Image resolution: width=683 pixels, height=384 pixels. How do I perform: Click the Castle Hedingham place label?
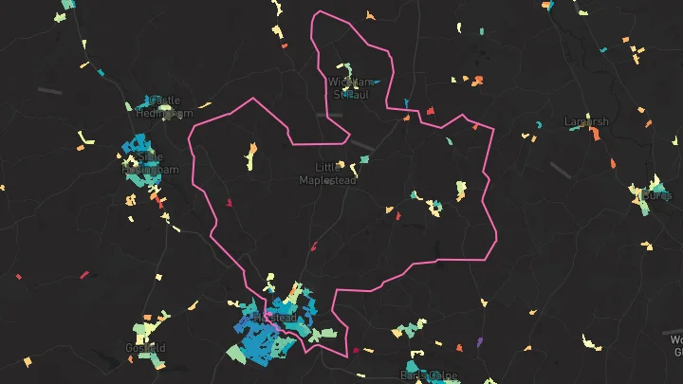coord(157,106)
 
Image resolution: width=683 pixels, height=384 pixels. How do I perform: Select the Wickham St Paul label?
coord(355,88)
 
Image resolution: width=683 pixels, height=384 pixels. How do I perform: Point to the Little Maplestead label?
coord(329,174)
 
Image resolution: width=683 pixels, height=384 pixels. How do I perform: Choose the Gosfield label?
coord(145,348)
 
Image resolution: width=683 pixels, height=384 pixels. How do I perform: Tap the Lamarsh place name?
coord(586,122)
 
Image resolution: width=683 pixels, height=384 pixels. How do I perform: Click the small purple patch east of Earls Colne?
coord(479,340)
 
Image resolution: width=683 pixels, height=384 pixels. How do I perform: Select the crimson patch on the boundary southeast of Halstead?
coord(357,350)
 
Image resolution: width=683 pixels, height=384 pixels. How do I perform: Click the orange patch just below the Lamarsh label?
coord(597,135)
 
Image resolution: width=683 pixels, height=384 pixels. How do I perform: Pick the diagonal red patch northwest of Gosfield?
coord(84,275)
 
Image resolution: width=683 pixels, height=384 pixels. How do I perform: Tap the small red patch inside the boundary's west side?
coord(229,202)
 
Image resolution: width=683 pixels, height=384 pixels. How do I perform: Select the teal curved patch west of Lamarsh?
coord(538,124)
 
